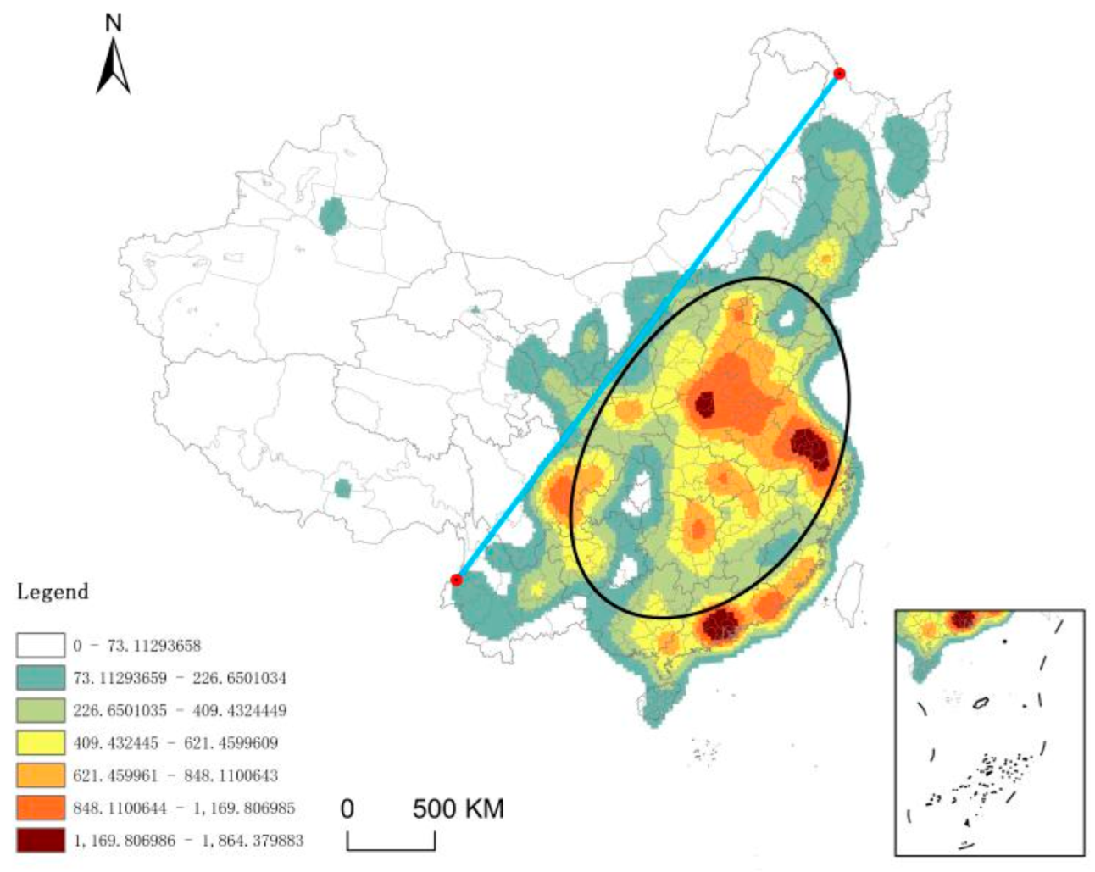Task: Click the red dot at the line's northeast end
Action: click(839, 74)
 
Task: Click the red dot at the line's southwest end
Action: click(456, 580)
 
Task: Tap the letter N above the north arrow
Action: click(114, 23)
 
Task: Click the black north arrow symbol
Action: click(114, 66)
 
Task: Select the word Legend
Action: click(53, 592)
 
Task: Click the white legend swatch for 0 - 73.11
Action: click(40, 646)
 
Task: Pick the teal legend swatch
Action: click(40, 678)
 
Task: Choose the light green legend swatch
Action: click(40, 710)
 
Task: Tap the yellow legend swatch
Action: click(40, 743)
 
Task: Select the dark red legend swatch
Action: click(40, 840)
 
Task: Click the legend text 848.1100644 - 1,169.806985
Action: click(184, 808)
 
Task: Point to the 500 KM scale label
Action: click(458, 808)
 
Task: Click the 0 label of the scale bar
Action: click(347, 808)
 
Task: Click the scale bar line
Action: click(391, 848)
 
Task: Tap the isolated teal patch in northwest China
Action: click(333, 216)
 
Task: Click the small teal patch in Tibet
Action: click(342, 489)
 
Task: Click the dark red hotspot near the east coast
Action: click(809, 447)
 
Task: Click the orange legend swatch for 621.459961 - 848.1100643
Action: click(40, 775)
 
